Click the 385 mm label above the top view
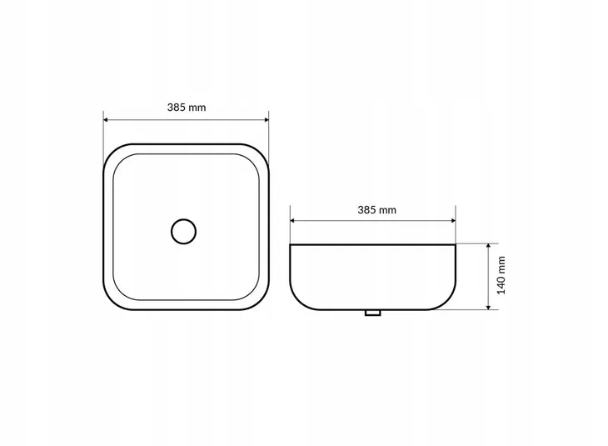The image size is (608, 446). pos(187,108)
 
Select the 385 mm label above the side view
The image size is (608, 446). pos(377,210)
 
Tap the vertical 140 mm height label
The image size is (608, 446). pos(501,275)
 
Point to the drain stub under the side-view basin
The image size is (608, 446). pos(372,313)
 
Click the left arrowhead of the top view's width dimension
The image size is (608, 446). pos(106,120)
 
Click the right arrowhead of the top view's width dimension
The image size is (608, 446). pos(267,120)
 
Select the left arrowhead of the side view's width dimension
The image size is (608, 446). pos(292,220)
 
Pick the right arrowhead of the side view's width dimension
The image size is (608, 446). pos(453,220)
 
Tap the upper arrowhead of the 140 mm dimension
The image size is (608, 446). pos(489,246)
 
